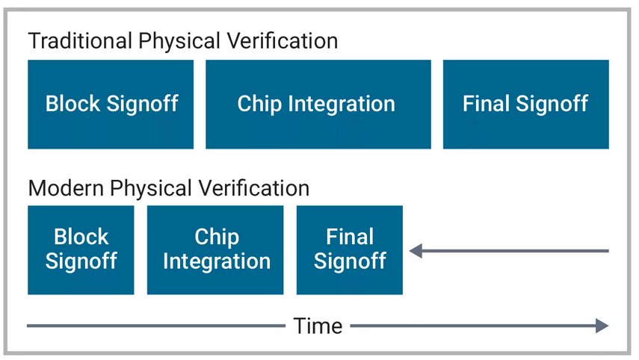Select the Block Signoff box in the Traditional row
click(x=111, y=104)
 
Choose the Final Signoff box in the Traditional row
click(x=525, y=104)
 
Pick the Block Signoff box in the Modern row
click(x=81, y=249)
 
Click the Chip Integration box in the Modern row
click(x=215, y=249)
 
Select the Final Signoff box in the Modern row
click(x=349, y=249)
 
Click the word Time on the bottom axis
click(x=318, y=326)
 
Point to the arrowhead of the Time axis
click(x=602, y=326)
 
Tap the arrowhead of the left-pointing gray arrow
click(x=416, y=251)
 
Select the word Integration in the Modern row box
click(x=216, y=261)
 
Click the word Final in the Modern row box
click(x=349, y=238)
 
